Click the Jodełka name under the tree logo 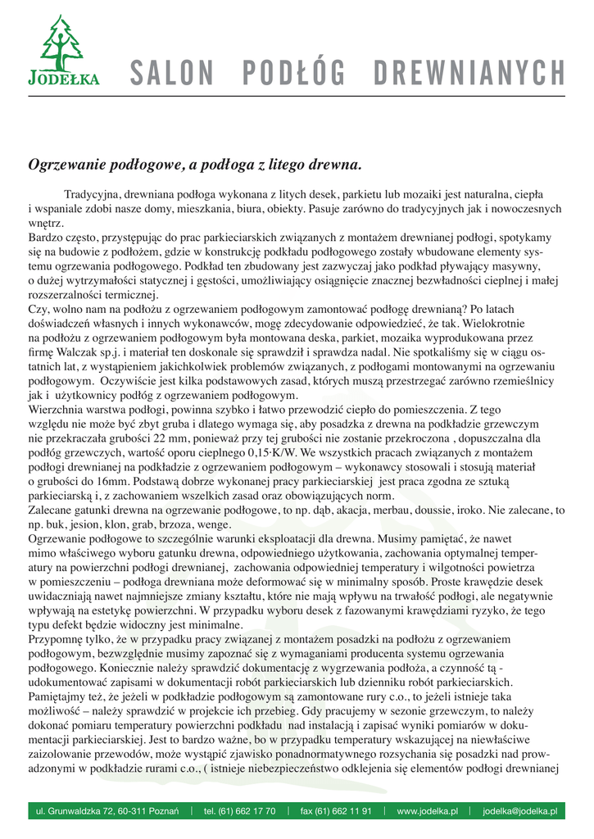tap(63, 79)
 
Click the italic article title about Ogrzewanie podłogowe tap(195, 166)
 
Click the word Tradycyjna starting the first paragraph tap(93, 196)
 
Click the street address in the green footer tap(107, 811)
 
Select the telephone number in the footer tap(239, 811)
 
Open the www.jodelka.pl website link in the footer tap(427, 811)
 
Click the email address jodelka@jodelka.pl tap(519, 811)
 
